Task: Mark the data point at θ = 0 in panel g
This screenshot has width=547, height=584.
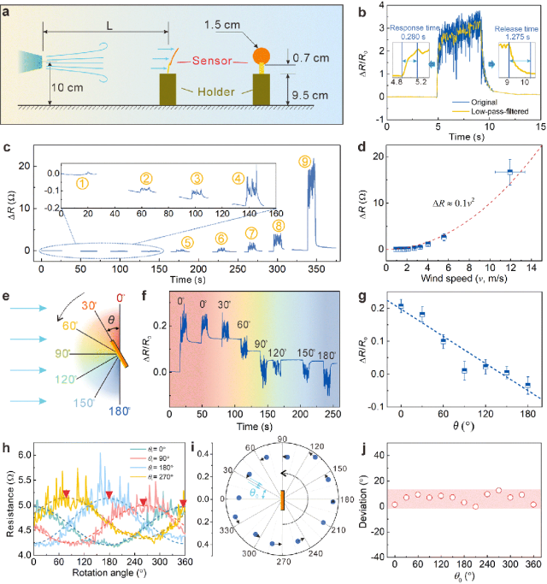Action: [x=401, y=305]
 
